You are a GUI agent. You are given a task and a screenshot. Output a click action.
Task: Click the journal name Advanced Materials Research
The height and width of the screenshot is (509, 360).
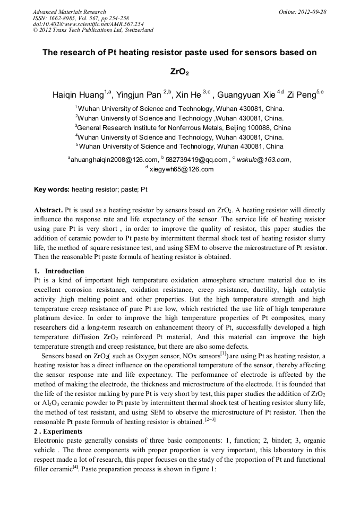point(69,12)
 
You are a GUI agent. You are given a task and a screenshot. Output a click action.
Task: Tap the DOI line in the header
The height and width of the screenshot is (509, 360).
point(88,24)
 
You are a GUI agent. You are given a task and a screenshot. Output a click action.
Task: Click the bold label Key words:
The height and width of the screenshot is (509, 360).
point(52,189)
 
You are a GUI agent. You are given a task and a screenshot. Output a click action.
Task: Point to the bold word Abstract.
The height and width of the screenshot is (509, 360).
point(49,210)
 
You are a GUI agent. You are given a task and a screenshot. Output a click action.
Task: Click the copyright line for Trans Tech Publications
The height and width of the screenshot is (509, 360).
point(93,30)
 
